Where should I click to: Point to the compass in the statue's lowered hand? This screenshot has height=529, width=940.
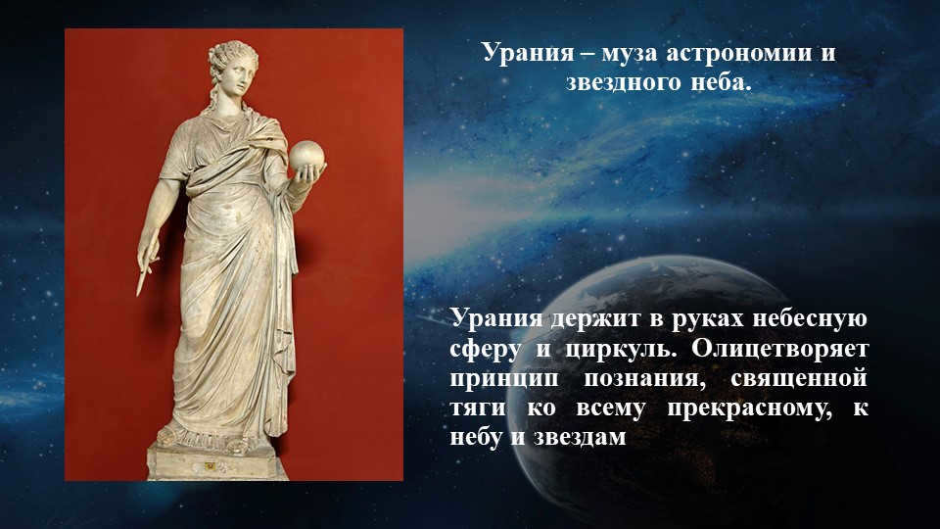(145, 264)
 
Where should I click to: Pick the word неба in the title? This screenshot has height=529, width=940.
(721, 82)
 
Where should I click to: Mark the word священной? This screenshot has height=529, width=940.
(805, 378)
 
